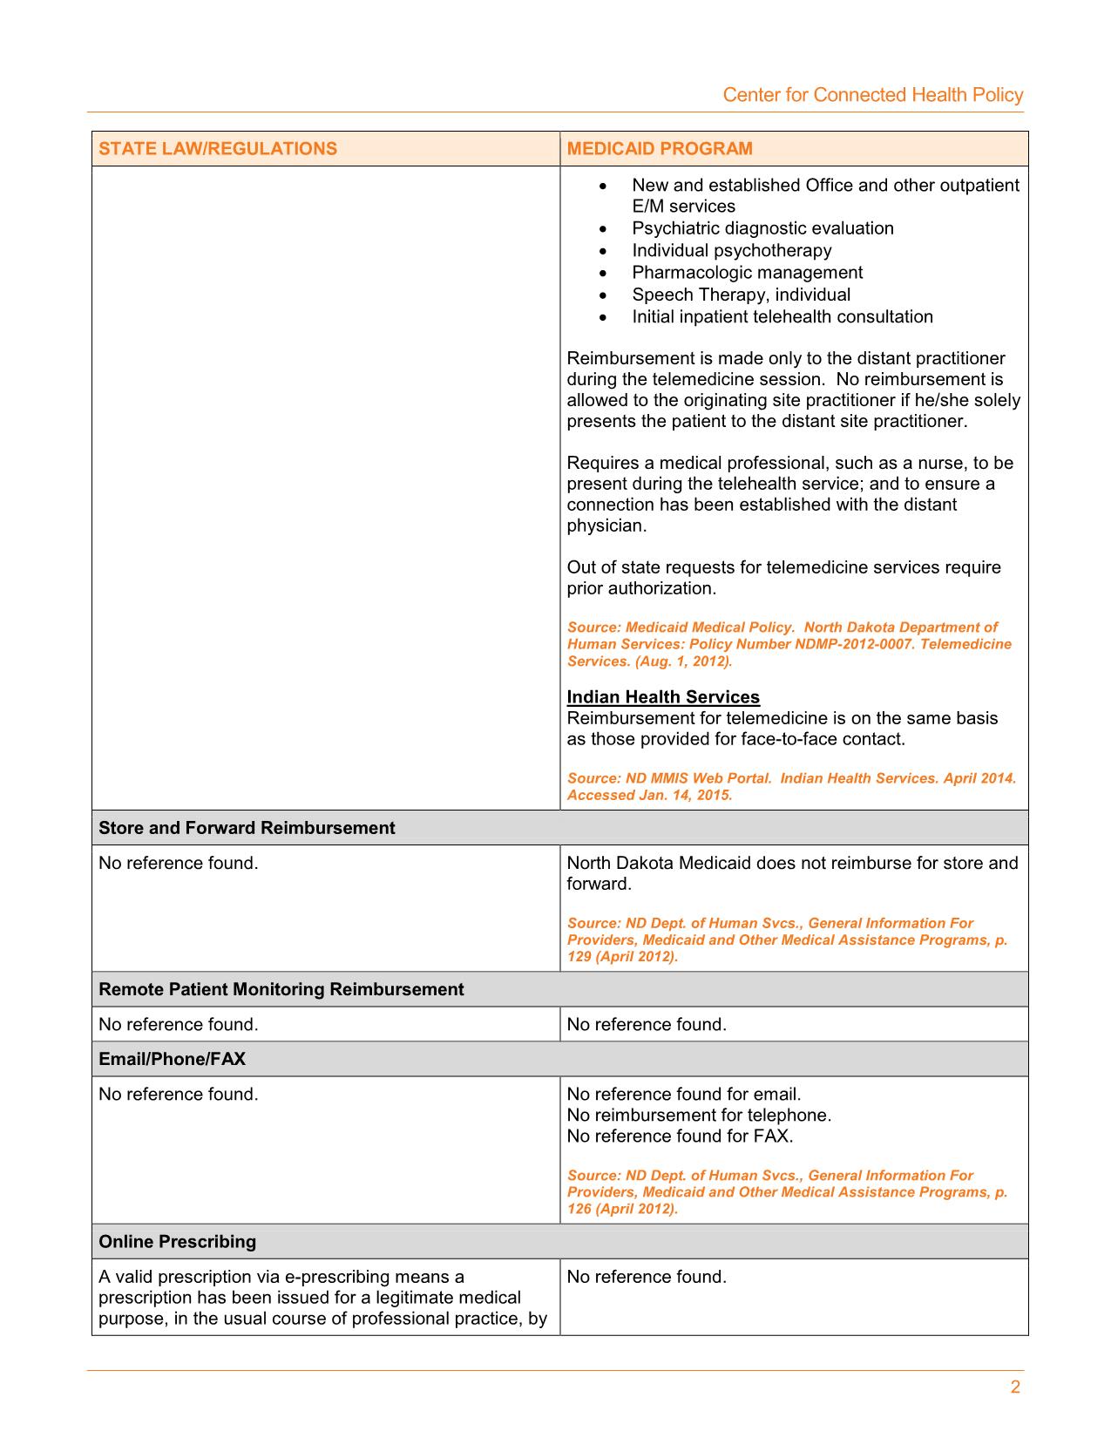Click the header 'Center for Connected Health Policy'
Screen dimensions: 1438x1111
(872, 95)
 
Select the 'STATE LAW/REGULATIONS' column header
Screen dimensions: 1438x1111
(218, 148)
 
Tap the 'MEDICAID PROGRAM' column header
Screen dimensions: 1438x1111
(660, 148)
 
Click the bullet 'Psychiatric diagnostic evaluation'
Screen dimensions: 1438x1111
(762, 228)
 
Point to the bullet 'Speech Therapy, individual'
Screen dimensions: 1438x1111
(741, 295)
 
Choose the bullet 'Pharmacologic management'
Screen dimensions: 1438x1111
(747, 273)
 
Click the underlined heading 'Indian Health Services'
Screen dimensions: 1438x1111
(663, 697)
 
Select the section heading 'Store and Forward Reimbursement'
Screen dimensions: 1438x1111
(247, 828)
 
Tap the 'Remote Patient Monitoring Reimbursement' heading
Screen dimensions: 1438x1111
(281, 989)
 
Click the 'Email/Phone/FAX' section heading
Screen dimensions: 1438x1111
(172, 1059)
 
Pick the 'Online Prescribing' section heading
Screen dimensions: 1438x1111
(177, 1242)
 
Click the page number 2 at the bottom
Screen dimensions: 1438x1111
(1015, 1387)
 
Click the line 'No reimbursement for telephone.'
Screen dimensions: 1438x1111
(699, 1115)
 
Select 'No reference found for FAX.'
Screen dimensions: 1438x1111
(680, 1136)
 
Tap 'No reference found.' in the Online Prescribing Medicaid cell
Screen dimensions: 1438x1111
(646, 1277)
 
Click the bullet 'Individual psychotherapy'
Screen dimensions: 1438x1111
(731, 251)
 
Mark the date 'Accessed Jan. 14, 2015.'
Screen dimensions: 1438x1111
(649, 795)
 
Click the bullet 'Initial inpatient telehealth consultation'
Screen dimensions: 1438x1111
(782, 317)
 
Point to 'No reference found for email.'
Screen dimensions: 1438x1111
(683, 1094)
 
